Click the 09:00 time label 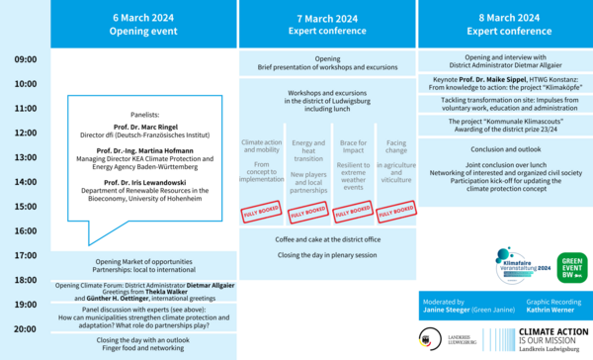26,60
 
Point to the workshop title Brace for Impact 350,147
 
